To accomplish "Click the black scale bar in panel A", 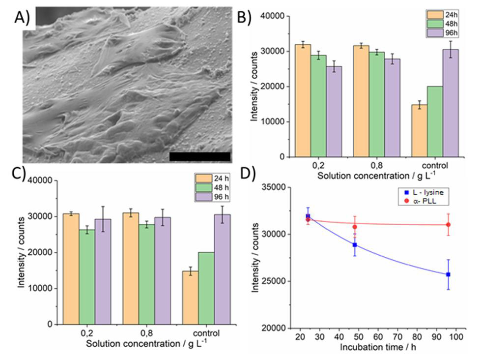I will [199, 156].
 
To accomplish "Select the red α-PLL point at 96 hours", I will [448, 225].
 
